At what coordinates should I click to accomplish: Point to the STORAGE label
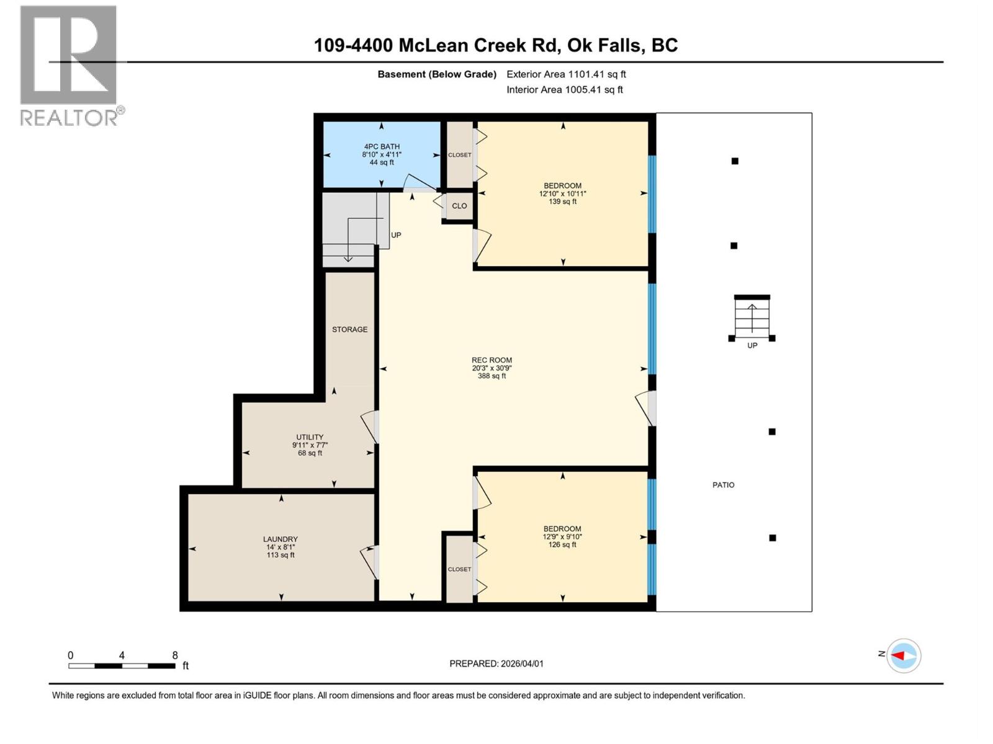(349, 329)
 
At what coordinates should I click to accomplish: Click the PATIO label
(723, 485)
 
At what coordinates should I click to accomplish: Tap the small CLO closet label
(459, 206)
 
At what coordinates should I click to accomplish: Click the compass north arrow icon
(903, 655)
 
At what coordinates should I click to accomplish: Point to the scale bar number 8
(175, 655)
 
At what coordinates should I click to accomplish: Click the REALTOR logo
(69, 65)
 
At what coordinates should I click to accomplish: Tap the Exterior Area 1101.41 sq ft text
(566, 74)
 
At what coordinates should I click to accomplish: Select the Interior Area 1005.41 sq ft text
(564, 89)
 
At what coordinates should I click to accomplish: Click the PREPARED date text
(496, 663)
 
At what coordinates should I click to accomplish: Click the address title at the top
(495, 45)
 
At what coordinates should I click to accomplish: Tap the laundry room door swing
(369, 562)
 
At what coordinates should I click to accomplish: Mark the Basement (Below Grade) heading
(437, 74)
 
